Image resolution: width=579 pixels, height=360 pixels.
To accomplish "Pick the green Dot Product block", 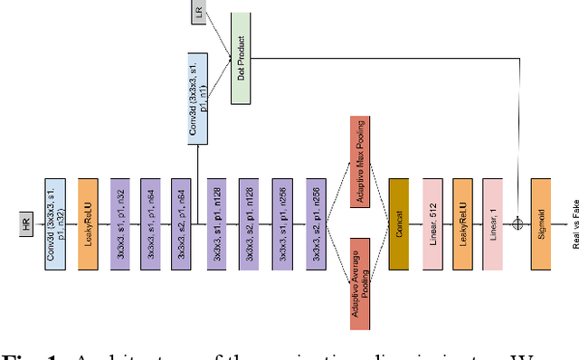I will point(240,59).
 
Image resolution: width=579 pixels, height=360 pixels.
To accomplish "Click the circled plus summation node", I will point(518,223).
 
